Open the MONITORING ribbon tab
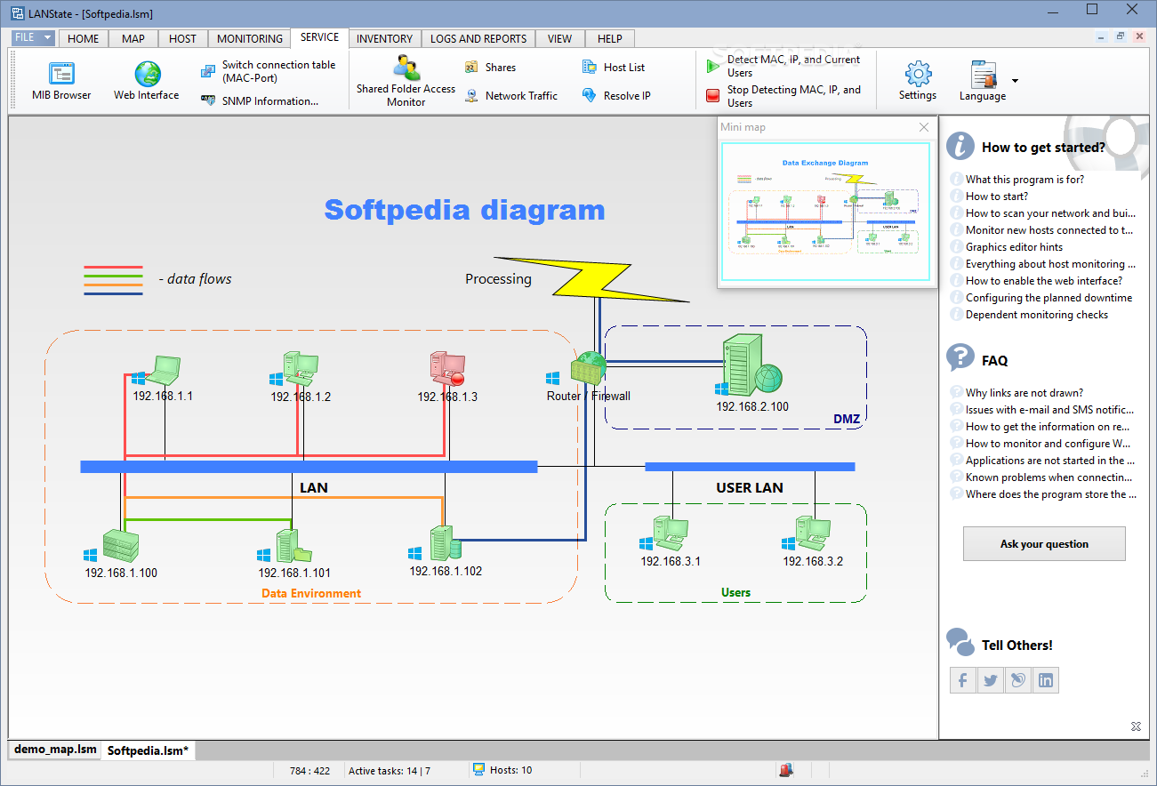click(250, 38)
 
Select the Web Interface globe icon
click(148, 74)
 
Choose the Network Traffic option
click(520, 96)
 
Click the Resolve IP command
click(626, 96)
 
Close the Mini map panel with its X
click(924, 127)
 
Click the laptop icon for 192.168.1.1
click(166, 367)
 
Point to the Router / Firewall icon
click(589, 368)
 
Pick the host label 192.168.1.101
click(294, 573)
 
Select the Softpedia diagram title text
click(464, 211)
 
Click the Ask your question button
click(1044, 544)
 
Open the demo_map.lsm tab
click(55, 750)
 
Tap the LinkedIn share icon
click(1046, 681)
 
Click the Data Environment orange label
click(311, 593)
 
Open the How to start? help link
click(997, 196)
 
